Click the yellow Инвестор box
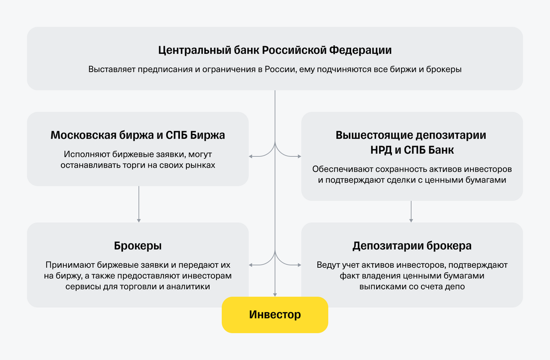[x=275, y=315]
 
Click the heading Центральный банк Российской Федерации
[x=275, y=50]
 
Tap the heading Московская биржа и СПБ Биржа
[x=137, y=135]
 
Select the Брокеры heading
[x=137, y=246]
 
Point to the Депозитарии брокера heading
[x=412, y=246]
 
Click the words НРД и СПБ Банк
[x=412, y=150]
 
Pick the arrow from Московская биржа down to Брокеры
[x=139, y=204]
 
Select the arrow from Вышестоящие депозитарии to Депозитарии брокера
[x=411, y=211]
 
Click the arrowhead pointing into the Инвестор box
[x=275, y=295]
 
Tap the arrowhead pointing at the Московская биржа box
[x=251, y=156]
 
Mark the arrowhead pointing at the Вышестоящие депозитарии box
[x=299, y=156]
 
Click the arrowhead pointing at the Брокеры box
[x=251, y=265]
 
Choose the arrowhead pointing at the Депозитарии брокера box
[x=299, y=265]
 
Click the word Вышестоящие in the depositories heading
[x=368, y=135]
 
